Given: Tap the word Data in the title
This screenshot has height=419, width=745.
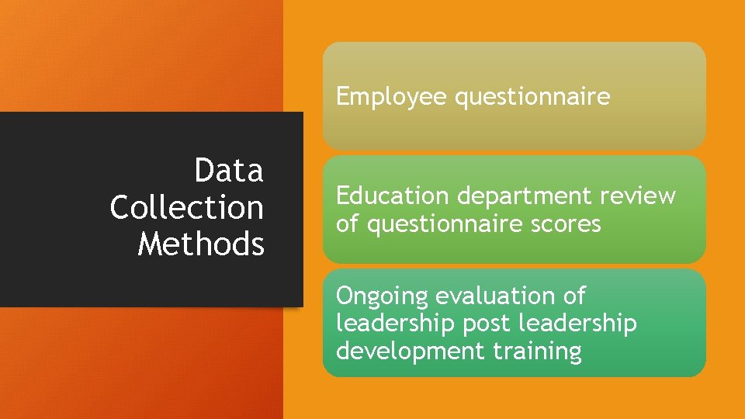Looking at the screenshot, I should click(229, 171).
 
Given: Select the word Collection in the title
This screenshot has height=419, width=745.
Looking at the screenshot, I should click(186, 207).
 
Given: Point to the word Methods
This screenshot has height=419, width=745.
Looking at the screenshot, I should click(201, 244).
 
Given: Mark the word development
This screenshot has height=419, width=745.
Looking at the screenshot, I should click(411, 351).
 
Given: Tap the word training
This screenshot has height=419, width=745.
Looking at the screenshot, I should click(537, 351).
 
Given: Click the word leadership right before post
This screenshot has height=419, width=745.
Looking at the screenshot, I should click(396, 323).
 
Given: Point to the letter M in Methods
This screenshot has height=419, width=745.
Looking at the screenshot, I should click(150, 244).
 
